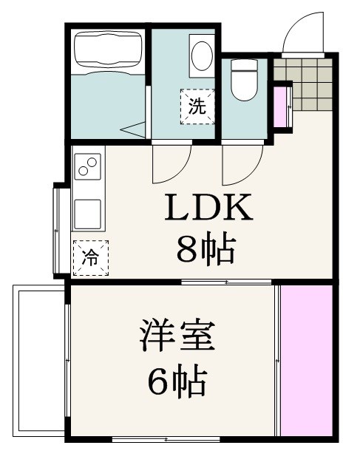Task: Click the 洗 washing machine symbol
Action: point(197,106)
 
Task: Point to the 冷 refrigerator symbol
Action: point(90,258)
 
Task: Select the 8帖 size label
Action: point(206,251)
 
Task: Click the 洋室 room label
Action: point(178,337)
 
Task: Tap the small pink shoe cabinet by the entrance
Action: point(281,108)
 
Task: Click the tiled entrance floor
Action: point(305,81)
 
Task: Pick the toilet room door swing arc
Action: point(243,164)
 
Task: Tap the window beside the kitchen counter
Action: point(57,231)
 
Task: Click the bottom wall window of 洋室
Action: point(166,440)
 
